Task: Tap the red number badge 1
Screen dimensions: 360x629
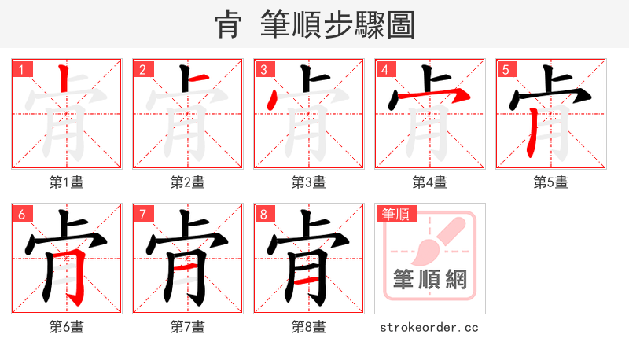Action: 21,69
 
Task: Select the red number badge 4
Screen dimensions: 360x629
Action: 384,69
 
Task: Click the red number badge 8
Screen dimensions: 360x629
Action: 263,214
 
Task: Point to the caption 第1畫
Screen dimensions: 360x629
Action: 67,182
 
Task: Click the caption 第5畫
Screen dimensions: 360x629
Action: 550,182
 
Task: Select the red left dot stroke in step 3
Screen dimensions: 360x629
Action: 272,101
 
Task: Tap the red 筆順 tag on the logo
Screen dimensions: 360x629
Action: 395,214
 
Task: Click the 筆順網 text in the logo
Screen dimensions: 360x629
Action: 429,279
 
